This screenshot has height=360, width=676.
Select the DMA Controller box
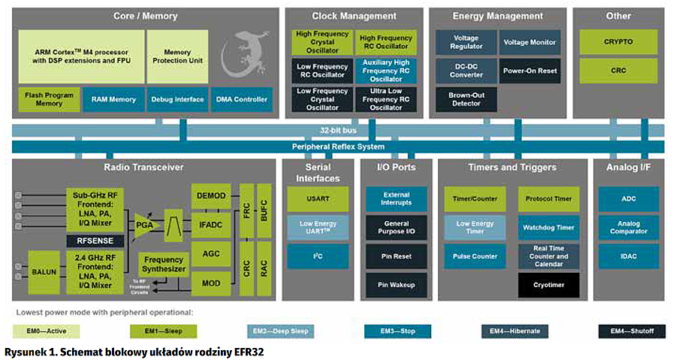240,99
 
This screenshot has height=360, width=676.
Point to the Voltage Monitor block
530,43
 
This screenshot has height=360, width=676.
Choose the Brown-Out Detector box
466,100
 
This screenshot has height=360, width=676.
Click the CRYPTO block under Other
618,42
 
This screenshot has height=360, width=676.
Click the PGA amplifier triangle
143,225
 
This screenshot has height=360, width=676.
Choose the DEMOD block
211,196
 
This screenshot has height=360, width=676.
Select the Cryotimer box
548,285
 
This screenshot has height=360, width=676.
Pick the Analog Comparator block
628,228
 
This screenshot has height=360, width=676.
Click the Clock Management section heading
354,16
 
